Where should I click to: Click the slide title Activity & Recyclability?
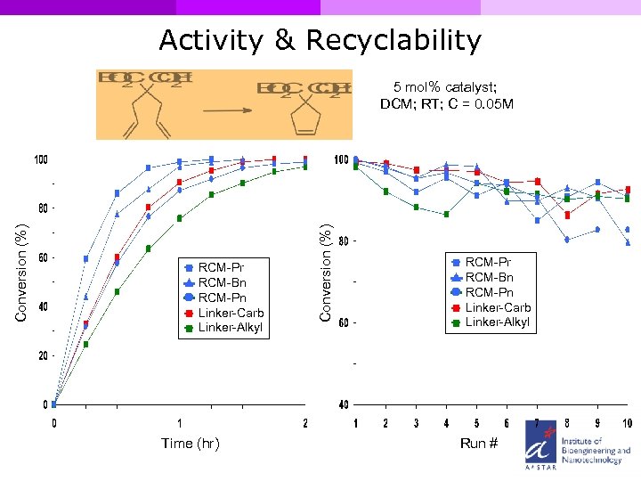click(320, 40)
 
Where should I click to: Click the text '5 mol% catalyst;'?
click(445, 87)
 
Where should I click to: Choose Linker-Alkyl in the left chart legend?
click(230, 328)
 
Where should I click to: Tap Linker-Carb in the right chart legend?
click(498, 307)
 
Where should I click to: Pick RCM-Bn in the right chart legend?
click(489, 277)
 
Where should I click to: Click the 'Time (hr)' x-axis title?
click(190, 443)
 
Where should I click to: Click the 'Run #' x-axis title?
click(478, 443)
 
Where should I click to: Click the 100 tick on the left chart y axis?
click(41, 160)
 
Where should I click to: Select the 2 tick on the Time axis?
click(305, 423)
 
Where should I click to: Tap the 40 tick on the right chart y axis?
click(343, 405)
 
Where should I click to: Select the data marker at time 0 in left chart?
click(54, 404)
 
